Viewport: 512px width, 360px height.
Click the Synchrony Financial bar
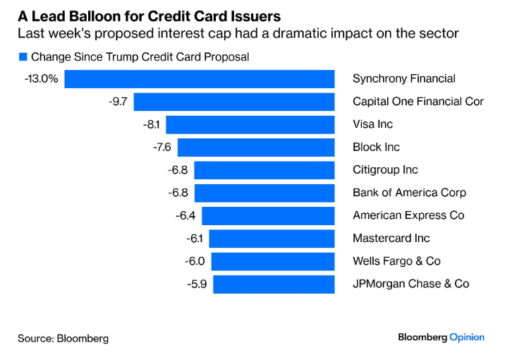tap(200, 79)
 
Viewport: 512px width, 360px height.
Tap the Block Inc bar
tap(255, 148)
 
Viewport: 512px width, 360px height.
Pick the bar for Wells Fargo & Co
tap(272, 261)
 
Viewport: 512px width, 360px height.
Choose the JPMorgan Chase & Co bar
tap(274, 284)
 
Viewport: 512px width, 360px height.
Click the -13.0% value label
tap(41, 79)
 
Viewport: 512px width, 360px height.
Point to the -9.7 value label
tap(118, 102)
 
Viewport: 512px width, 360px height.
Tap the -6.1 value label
tap(195, 239)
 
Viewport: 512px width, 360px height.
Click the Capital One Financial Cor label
tap(418, 102)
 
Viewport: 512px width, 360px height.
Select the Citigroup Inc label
tap(385, 170)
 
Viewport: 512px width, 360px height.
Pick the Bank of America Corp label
tap(409, 193)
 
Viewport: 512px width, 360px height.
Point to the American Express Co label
tap(408, 216)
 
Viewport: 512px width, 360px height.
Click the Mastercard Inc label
tap(391, 239)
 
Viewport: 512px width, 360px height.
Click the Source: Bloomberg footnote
tap(63, 338)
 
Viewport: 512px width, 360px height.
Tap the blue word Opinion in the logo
tap(467, 337)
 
